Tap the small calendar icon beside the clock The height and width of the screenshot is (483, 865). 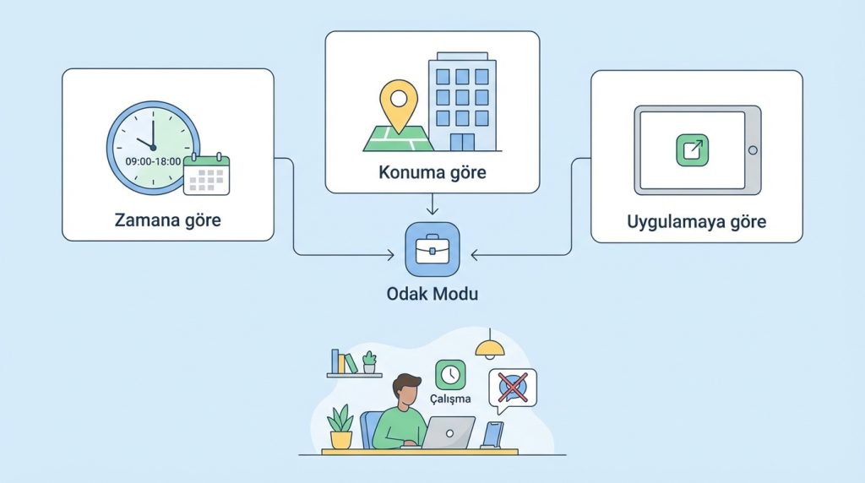point(207,175)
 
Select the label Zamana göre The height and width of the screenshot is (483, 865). point(168,220)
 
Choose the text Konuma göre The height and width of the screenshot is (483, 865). point(432,173)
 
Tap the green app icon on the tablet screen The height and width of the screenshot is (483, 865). point(693,149)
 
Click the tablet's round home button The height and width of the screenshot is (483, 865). point(752,150)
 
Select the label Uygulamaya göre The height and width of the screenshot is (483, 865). point(696,222)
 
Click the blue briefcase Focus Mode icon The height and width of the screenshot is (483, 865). point(432,251)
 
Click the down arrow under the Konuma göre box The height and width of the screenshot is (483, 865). point(432,209)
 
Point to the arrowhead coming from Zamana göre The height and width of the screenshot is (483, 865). point(391,252)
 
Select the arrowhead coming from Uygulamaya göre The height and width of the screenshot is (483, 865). point(474,252)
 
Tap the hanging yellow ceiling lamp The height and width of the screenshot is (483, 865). point(489,348)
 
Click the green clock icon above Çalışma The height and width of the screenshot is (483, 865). point(450,374)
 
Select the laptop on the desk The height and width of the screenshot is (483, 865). point(448,432)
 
